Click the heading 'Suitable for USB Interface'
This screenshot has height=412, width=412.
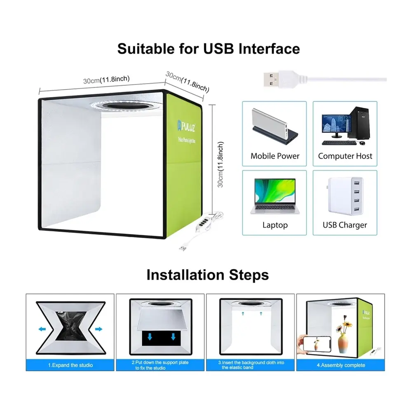pyautogui.click(x=208, y=49)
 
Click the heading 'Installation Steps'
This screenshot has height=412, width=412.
pyautogui.click(x=208, y=274)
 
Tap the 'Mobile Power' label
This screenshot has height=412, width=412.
pyautogui.click(x=275, y=156)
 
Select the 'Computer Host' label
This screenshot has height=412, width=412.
pyautogui.click(x=345, y=156)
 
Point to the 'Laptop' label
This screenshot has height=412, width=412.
pyautogui.click(x=275, y=225)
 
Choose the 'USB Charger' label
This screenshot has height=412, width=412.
pyautogui.click(x=345, y=225)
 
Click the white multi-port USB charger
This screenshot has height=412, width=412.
pyautogui.click(x=344, y=197)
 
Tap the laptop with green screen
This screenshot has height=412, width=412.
pyautogui.click(x=275, y=195)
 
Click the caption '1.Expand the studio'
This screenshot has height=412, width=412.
pyautogui.click(x=70, y=365)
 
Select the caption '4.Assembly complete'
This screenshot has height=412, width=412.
pyautogui.click(x=340, y=365)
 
